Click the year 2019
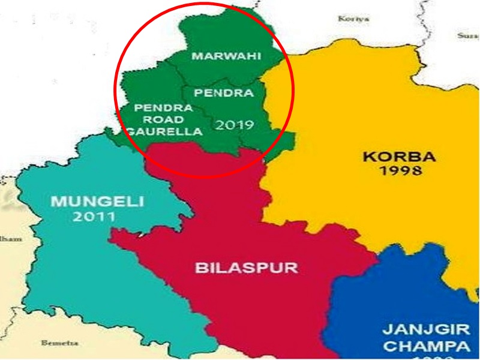tap(235, 125)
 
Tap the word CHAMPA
tap(425, 346)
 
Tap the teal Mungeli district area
tap(66, 264)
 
